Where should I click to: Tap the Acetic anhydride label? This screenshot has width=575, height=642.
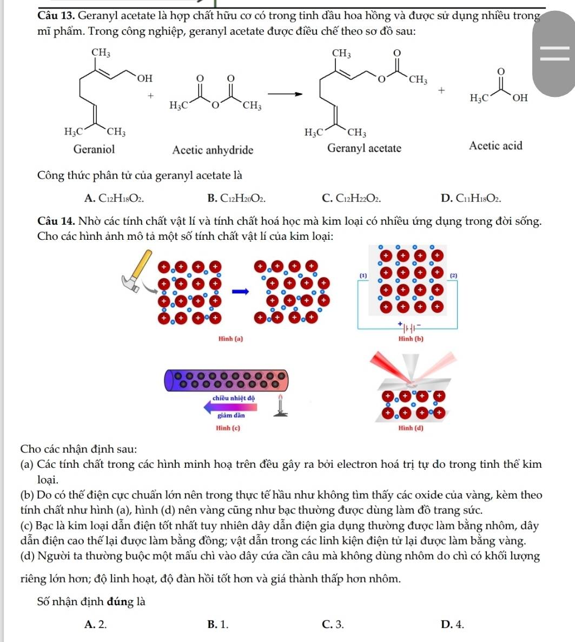tap(213, 150)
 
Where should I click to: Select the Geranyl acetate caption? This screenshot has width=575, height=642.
tap(364, 148)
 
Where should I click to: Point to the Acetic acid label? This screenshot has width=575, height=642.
tap(495, 146)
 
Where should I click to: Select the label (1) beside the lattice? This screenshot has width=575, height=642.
tap(363, 276)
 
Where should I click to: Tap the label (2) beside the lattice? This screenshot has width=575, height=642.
tap(454, 276)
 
